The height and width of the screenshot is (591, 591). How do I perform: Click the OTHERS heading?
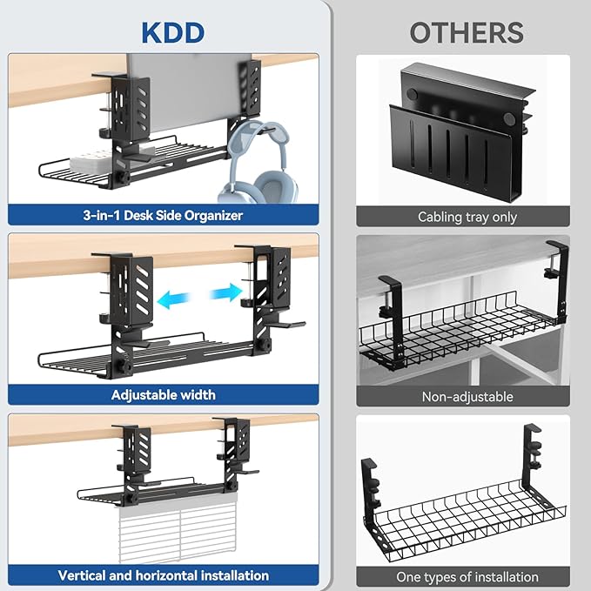point(467,31)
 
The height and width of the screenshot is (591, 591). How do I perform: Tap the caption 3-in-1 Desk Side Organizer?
point(164,214)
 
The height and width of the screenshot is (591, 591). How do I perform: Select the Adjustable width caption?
point(164,394)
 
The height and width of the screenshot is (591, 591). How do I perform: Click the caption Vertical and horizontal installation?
point(164,575)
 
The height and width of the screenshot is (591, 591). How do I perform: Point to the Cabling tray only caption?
point(467,217)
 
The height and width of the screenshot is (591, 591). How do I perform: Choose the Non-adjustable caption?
point(467,397)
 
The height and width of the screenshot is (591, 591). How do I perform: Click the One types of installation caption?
point(467,577)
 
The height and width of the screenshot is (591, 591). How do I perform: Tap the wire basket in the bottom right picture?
point(457,514)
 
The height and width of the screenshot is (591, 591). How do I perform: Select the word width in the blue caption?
point(198,394)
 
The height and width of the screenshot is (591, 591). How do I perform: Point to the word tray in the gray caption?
point(477,217)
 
